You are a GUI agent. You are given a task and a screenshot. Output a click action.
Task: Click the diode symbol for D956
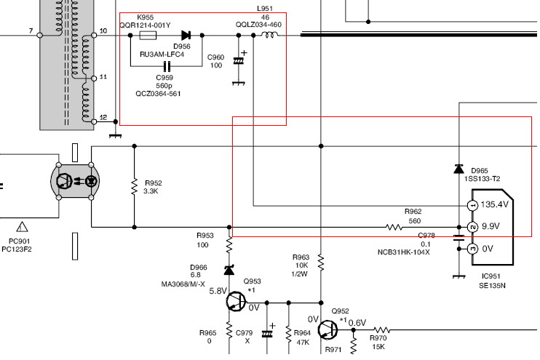[x=186, y=35]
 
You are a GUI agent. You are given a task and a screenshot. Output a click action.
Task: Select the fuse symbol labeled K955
[x=148, y=35]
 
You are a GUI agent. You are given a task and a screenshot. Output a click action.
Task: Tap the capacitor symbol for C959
[x=167, y=66]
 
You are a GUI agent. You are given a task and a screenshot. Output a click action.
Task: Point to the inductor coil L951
[x=270, y=34]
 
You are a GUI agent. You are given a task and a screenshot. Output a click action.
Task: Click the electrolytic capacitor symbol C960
[x=238, y=61]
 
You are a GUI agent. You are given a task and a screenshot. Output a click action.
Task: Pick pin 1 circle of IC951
[x=472, y=206]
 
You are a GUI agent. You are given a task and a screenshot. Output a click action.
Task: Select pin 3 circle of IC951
[x=472, y=249]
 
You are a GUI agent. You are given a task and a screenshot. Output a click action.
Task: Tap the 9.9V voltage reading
[x=491, y=226]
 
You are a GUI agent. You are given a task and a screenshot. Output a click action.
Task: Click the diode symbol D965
[x=458, y=169]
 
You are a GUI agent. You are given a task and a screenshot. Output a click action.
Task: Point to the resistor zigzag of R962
[x=394, y=227]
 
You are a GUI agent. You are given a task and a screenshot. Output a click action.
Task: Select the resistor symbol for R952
[x=135, y=187]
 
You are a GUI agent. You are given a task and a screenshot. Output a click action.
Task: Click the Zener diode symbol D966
[x=229, y=270]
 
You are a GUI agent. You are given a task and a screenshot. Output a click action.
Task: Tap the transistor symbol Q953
[x=236, y=302]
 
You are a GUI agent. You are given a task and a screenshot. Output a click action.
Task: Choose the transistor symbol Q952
[x=327, y=330]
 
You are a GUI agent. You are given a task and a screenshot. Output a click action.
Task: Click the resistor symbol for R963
[x=321, y=263]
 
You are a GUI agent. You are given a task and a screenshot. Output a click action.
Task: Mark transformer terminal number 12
[x=103, y=117]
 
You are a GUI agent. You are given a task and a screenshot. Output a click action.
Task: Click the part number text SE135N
[x=492, y=285]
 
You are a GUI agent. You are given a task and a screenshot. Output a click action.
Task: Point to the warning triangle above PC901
[x=22, y=226]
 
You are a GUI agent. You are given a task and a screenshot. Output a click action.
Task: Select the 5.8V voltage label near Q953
[x=218, y=291]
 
